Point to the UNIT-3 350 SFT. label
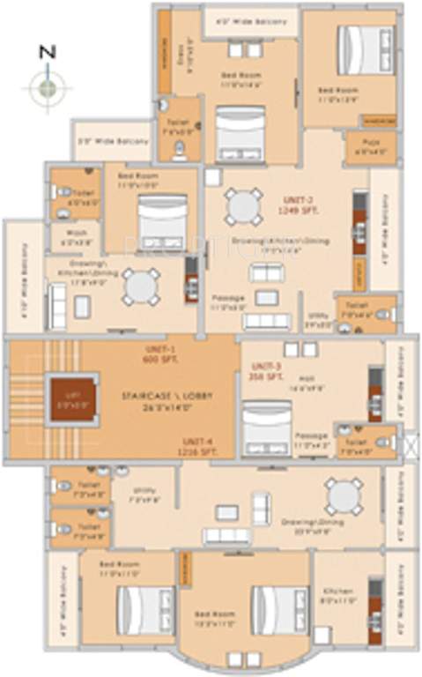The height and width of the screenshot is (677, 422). pyautogui.click(x=265, y=371)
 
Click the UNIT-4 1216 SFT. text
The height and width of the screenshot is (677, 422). pyautogui.click(x=202, y=443)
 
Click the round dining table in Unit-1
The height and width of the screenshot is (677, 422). pyautogui.click(x=141, y=285)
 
